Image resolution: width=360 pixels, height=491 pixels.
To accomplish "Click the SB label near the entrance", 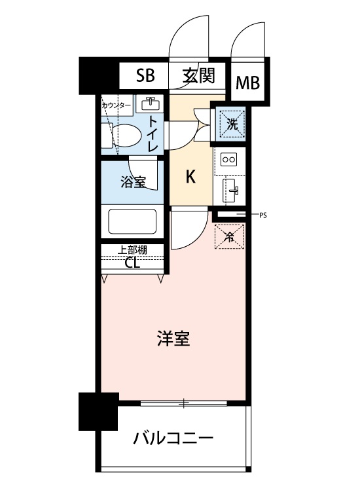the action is pyautogui.click(x=145, y=75).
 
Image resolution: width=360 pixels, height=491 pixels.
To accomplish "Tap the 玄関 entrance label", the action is pyautogui.click(x=199, y=75).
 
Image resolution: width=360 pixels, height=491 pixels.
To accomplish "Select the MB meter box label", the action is pyautogui.click(x=247, y=83).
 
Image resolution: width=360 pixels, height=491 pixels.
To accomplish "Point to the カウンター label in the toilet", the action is pyautogui.click(x=116, y=105).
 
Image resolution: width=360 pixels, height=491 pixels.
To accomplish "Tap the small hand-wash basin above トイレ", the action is pyautogui.click(x=150, y=103).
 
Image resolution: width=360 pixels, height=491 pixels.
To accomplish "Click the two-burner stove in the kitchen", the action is pyautogui.click(x=229, y=160).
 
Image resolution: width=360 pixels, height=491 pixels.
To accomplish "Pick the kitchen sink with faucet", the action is pyautogui.click(x=230, y=191).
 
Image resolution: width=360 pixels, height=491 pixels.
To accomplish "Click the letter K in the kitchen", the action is pyautogui.click(x=190, y=177).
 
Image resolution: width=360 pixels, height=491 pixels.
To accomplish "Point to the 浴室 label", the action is pyautogui.click(x=134, y=181).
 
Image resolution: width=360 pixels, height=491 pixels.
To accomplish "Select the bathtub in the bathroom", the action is pyautogui.click(x=132, y=221).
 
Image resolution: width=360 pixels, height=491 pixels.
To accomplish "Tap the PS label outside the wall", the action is pyautogui.click(x=263, y=215).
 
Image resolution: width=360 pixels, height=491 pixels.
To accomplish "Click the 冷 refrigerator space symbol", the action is pyautogui.click(x=230, y=237).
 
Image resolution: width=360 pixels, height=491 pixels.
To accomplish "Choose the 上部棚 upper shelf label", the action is pyautogui.click(x=132, y=250).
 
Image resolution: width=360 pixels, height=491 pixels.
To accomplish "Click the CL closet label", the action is pyautogui.click(x=132, y=263).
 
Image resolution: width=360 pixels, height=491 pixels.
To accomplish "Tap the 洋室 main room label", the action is pyautogui.click(x=173, y=338).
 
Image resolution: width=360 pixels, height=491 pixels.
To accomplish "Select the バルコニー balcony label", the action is pyautogui.click(x=173, y=438).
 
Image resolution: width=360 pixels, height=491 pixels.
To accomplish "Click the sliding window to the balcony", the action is pyautogui.click(x=183, y=403).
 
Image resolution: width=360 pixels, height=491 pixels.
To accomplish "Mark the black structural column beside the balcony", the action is pyautogui.click(x=98, y=411).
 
